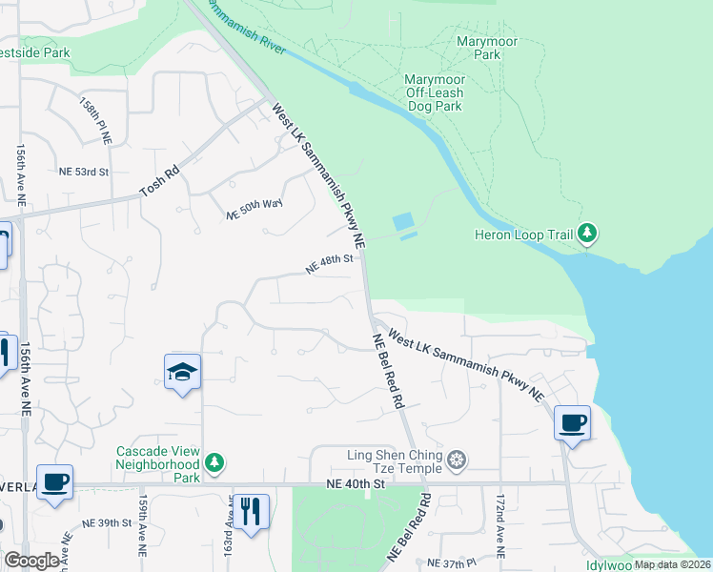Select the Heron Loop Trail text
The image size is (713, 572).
[x=524, y=234]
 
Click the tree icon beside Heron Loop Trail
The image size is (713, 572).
[x=588, y=233]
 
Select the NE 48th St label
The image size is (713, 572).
[x=330, y=264]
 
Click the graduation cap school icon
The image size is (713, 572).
[x=182, y=373]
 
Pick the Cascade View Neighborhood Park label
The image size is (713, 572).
[x=157, y=457]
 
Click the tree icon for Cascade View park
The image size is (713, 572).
[x=216, y=463]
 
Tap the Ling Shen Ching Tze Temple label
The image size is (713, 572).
[x=395, y=461]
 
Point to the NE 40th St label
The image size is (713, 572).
[x=354, y=484]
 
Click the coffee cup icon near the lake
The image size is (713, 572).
[x=572, y=422]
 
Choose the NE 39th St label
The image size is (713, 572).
[x=106, y=522]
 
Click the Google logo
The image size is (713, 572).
[x=31, y=560]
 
